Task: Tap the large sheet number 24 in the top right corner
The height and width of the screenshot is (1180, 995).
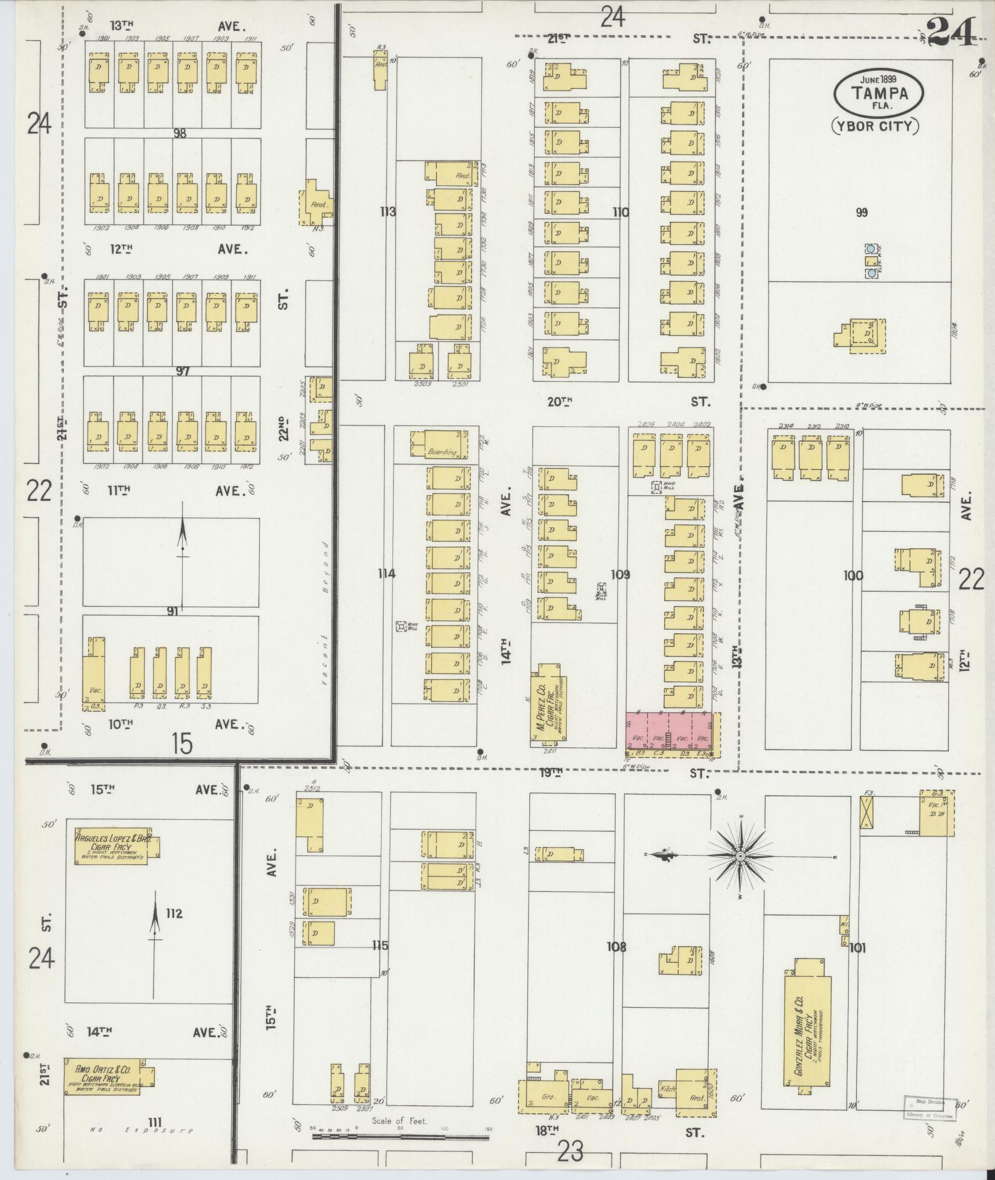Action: (x=952, y=32)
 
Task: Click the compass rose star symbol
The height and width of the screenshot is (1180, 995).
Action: (x=740, y=857)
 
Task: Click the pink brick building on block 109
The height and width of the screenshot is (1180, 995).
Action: (x=672, y=733)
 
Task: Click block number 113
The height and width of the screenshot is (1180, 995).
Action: (x=387, y=212)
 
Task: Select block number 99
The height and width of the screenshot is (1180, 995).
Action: (x=862, y=213)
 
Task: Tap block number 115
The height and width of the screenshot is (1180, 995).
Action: (x=380, y=945)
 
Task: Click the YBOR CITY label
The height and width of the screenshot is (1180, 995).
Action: (x=875, y=126)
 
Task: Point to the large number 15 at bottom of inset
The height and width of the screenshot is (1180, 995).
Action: (x=182, y=745)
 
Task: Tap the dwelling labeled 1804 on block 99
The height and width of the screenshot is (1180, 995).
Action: (x=867, y=336)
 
